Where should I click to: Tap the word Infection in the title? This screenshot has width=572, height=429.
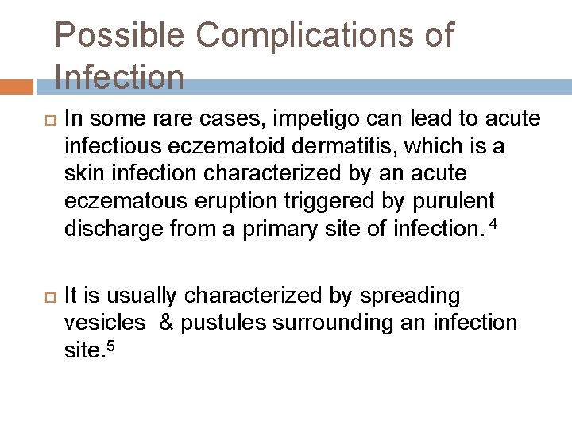click(x=120, y=78)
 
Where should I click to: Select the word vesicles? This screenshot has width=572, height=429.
click(x=105, y=323)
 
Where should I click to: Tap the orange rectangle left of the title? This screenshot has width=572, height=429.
click(x=17, y=86)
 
